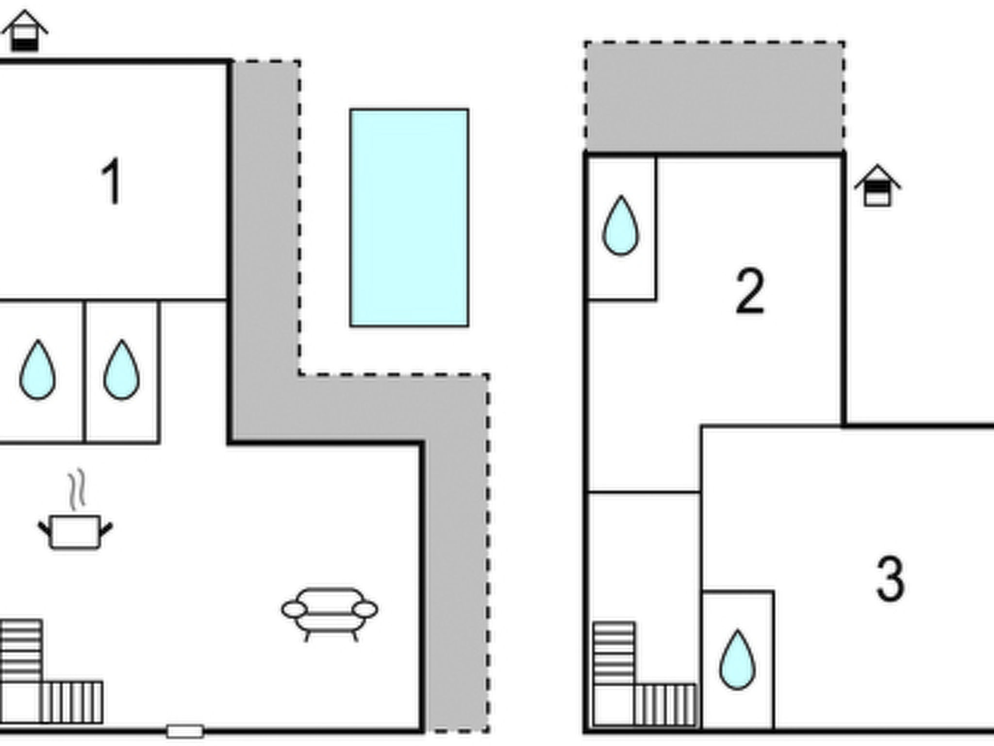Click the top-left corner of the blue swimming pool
tap(351, 110)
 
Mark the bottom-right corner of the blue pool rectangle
tap(468, 326)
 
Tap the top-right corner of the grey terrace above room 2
tap(844, 43)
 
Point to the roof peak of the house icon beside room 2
tap(877, 166)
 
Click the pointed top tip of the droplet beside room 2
tap(621, 196)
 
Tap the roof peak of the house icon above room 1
tap(24, 11)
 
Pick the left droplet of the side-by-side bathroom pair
tap(37, 370)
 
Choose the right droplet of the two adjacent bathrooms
tap(121, 370)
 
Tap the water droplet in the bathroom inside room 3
tap(737, 660)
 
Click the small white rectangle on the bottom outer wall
tap(185, 731)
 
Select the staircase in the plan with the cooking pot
tap(51, 672)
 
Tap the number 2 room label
tap(750, 291)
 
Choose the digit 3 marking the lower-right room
tap(891, 578)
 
